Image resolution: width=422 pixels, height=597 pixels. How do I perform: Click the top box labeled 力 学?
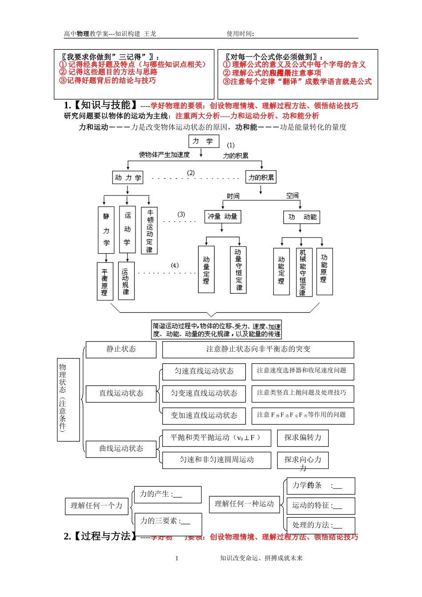(203, 141)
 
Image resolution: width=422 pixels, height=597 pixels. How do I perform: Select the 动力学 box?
(128, 178)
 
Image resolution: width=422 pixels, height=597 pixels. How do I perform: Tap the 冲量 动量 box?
(223, 216)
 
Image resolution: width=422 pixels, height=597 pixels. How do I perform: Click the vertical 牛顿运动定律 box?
(149, 231)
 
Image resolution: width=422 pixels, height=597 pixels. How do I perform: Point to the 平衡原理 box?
(105, 281)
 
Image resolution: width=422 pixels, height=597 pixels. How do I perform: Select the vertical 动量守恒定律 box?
(239, 270)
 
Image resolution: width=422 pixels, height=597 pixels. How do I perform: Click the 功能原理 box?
(324, 271)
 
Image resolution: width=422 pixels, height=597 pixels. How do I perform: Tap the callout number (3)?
(181, 215)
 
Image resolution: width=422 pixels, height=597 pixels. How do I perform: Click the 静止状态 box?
(121, 350)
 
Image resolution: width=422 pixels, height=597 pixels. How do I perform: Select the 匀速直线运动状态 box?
(204, 371)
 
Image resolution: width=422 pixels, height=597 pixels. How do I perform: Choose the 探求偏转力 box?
(303, 438)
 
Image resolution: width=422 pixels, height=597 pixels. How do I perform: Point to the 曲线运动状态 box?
(121, 449)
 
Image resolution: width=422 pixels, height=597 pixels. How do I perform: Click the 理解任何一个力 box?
(97, 505)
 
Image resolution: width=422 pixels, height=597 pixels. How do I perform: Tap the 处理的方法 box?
(321, 525)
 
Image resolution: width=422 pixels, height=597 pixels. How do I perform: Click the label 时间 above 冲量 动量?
(233, 196)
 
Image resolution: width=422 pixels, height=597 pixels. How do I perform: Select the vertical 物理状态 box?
(68, 400)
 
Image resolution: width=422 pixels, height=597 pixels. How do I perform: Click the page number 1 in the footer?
(177, 558)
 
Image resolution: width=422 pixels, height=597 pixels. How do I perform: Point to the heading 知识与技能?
(105, 105)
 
